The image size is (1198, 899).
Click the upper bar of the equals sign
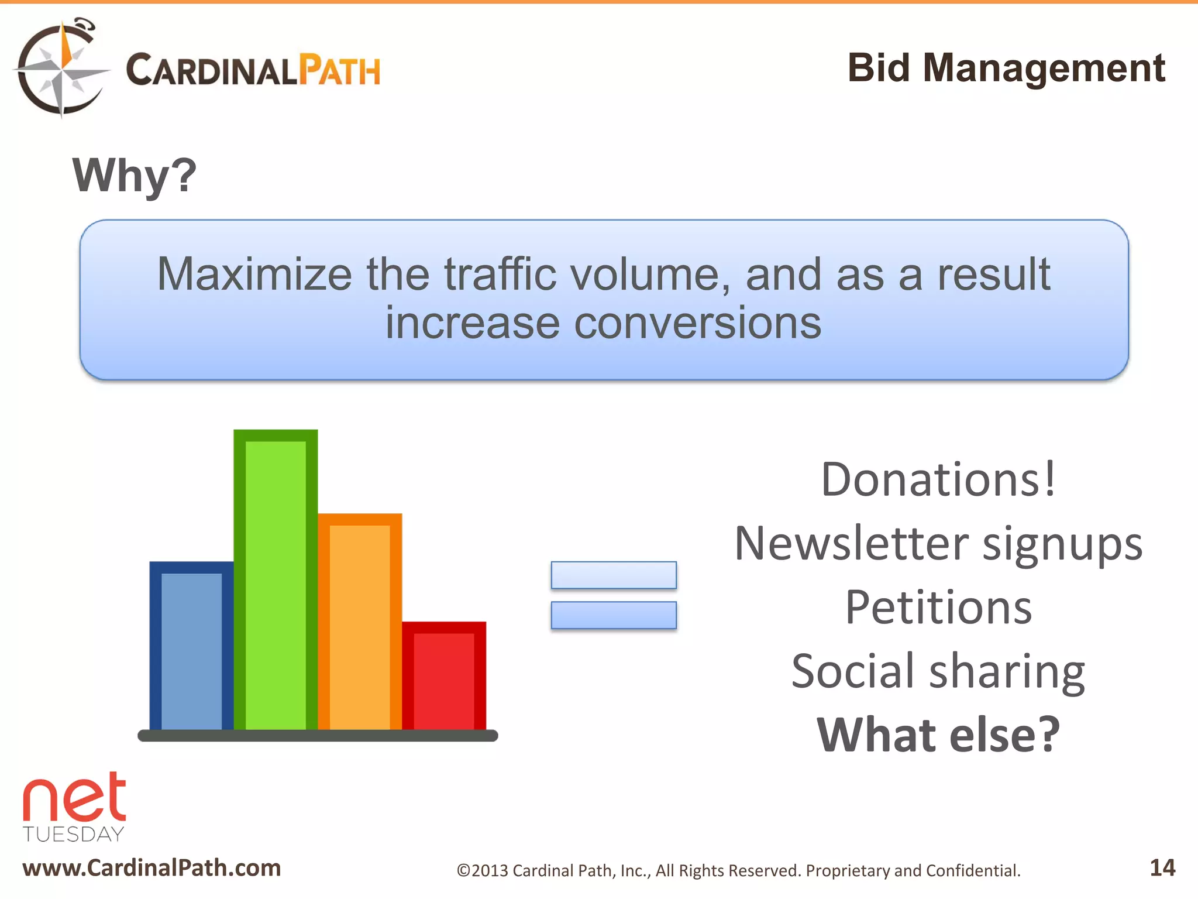tap(614, 575)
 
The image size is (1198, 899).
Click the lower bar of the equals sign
tap(614, 615)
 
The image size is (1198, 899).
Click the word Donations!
tap(939, 479)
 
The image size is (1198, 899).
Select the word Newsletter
tap(851, 543)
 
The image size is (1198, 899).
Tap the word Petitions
tap(939, 607)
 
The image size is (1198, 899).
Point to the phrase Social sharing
tap(939, 671)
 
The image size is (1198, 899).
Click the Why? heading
tap(135, 175)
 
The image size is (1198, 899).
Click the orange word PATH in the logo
tap(339, 71)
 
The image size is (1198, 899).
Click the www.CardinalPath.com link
tap(152, 868)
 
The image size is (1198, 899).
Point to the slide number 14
tap(1162, 867)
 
